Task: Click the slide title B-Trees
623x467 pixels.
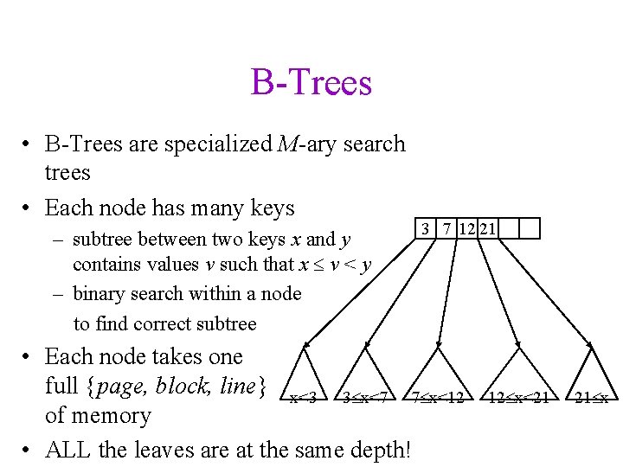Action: coord(311,83)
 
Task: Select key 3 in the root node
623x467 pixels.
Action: coord(426,228)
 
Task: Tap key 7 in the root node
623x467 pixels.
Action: coord(446,228)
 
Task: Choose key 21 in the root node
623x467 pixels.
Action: coord(487,228)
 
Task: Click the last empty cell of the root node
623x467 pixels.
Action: coord(530,228)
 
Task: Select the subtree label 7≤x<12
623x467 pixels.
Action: coord(444,398)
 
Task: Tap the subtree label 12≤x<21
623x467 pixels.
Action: coord(518,398)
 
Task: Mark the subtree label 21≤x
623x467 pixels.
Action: coord(594,398)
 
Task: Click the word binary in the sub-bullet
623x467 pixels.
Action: coord(101,294)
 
